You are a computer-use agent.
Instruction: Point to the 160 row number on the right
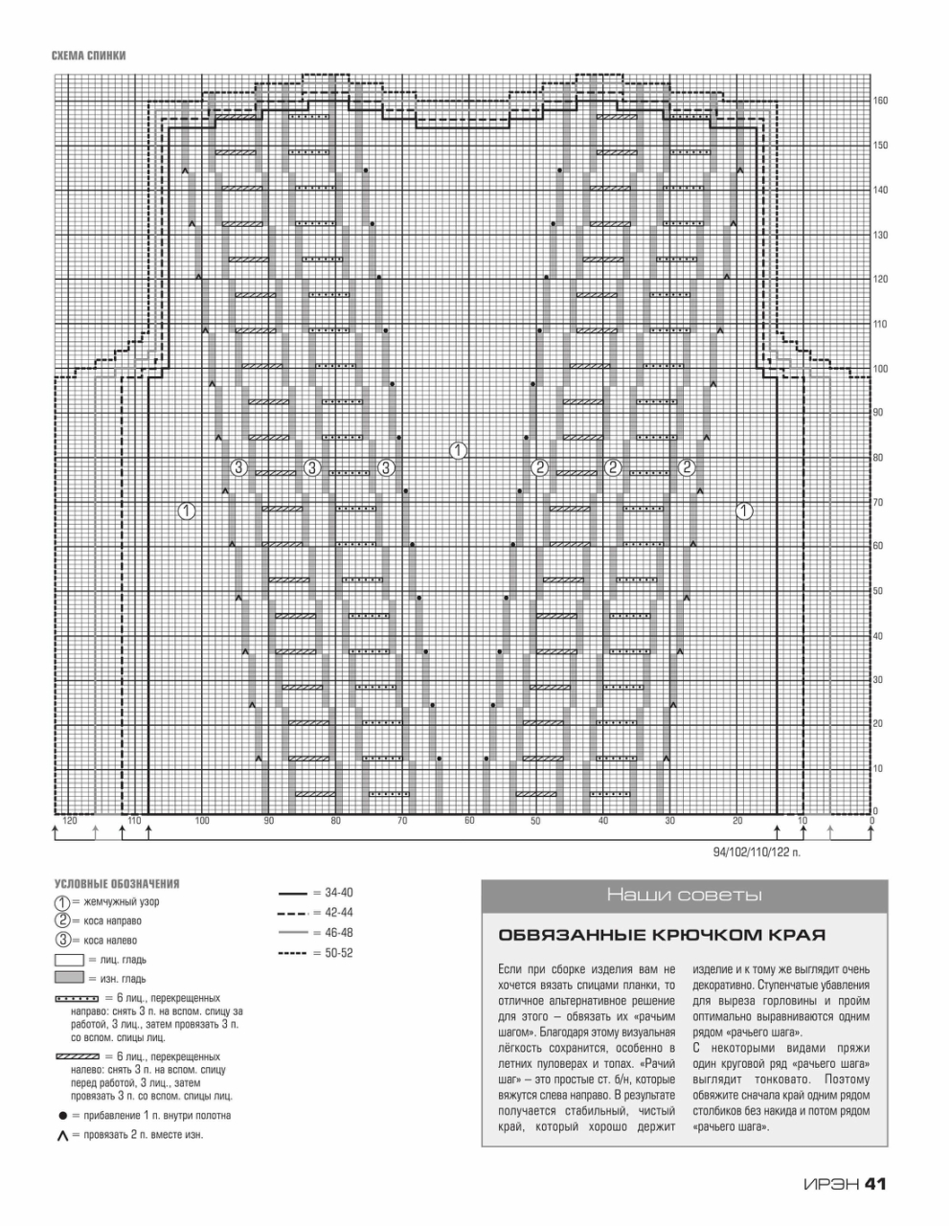880,101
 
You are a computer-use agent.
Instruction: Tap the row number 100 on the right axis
880,369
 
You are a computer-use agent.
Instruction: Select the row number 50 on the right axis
877,591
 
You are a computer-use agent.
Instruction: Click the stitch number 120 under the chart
69,821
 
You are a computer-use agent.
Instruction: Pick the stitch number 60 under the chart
469,821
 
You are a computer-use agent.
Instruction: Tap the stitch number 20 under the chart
737,821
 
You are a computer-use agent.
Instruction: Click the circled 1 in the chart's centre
459,450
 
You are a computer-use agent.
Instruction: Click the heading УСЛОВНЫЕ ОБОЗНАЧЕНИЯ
117,884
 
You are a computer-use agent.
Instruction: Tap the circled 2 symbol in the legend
62,920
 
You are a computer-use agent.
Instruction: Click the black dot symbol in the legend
62,1116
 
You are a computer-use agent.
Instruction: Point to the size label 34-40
339,893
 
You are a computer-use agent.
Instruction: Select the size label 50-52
339,953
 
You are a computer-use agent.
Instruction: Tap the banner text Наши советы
684,896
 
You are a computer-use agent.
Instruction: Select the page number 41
875,1184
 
